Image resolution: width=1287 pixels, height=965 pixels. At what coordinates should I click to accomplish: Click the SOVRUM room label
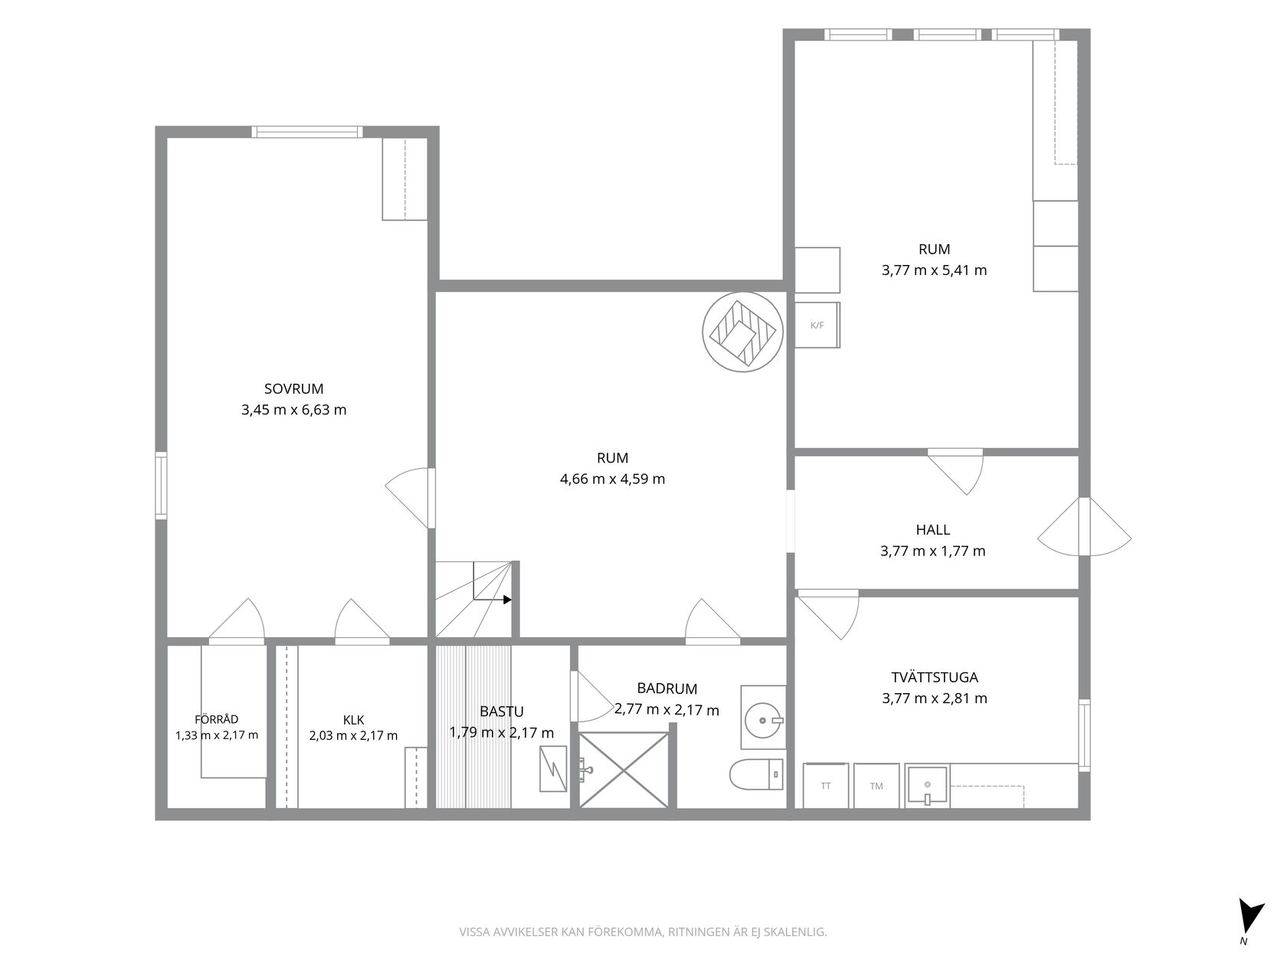pos(293,388)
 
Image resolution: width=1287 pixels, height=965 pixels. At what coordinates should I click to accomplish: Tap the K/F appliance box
pos(817,325)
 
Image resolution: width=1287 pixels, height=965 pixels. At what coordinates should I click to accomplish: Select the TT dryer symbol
pos(826,786)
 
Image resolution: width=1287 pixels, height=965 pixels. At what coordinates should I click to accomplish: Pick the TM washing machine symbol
pos(876,786)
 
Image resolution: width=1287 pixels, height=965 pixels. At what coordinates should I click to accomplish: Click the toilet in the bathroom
pos(757,774)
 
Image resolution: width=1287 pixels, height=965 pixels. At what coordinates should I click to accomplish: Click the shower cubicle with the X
pos(624,770)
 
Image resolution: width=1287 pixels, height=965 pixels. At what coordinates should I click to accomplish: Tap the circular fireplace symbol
pos(743,332)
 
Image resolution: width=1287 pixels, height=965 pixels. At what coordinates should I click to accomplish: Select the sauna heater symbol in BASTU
pos(553,769)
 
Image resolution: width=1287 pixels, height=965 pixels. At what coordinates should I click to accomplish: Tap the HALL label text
pos(933,530)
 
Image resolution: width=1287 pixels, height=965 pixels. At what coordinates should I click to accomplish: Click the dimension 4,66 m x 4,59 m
pos(613,479)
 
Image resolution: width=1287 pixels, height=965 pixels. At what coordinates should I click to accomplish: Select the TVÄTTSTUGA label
pos(935,677)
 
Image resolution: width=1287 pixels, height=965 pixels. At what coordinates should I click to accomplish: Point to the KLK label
pos(354,720)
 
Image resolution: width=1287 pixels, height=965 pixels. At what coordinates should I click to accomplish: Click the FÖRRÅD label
pos(216,719)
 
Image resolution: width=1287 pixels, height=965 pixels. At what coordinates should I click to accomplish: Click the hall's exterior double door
pos(1084,527)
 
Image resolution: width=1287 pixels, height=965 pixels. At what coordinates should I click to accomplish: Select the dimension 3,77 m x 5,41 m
pos(935,270)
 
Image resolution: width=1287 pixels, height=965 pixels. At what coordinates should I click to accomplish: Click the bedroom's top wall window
pos(307,132)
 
